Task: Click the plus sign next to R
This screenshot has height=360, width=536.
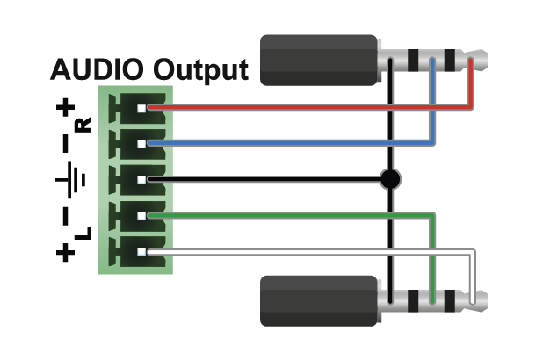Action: click(x=65, y=109)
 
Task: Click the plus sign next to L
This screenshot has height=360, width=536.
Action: click(x=65, y=254)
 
